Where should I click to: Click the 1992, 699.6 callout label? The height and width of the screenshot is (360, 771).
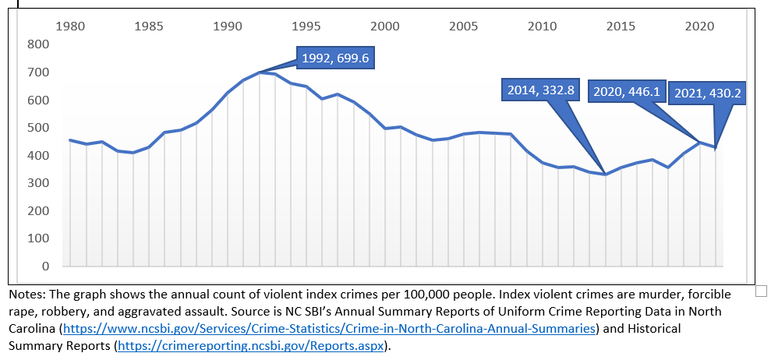[x=336, y=58]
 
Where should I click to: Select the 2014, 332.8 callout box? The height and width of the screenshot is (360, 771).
[x=540, y=90]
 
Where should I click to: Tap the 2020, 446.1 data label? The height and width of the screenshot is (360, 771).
[x=627, y=92]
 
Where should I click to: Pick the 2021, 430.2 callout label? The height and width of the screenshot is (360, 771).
[x=707, y=93]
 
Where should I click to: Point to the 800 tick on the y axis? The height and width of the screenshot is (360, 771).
[x=38, y=44]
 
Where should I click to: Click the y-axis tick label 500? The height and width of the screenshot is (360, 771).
[x=38, y=128]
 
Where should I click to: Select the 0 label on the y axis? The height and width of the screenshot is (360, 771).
[x=46, y=266]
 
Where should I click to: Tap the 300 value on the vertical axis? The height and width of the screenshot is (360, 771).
[x=38, y=183]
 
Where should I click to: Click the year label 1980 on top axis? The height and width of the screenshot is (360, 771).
[x=71, y=26]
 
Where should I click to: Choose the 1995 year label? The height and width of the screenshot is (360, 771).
[x=306, y=26]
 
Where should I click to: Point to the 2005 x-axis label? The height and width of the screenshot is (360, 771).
[x=464, y=26]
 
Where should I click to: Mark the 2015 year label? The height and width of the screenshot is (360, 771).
[x=621, y=26]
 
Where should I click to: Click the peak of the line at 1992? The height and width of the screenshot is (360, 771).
[x=259, y=72]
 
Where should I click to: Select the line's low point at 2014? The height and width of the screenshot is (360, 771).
[x=605, y=174]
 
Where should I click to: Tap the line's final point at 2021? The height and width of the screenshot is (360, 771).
[x=715, y=147]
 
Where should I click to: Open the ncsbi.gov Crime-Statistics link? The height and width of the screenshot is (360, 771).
[x=328, y=328]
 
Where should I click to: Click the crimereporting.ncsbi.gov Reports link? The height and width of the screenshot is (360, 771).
[x=249, y=345]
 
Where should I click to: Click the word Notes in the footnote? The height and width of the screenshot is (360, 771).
[x=26, y=295]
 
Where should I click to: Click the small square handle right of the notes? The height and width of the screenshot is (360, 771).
[x=762, y=291]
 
